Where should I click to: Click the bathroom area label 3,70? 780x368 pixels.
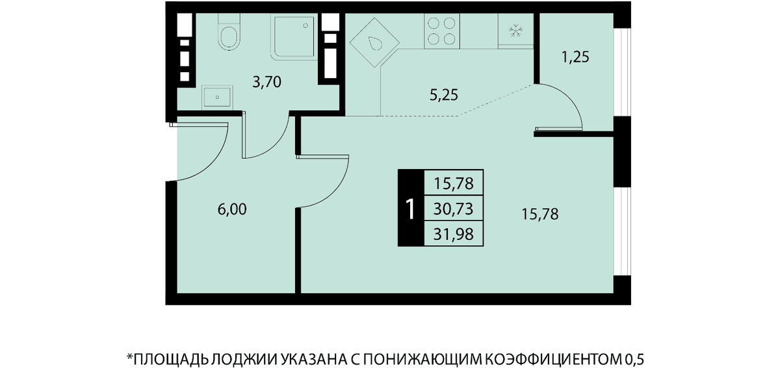click(x=266, y=83)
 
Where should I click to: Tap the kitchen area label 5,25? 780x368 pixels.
click(x=443, y=95)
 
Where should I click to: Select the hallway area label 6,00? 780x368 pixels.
click(x=232, y=209)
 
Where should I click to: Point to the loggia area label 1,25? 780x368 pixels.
click(x=575, y=57)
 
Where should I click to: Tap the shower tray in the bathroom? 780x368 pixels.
click(x=294, y=37)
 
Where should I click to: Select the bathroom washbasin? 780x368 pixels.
click(x=217, y=97)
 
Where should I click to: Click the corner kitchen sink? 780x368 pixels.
click(x=374, y=43)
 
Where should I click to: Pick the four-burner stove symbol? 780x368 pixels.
click(x=441, y=31)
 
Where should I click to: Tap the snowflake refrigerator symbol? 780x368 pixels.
click(x=515, y=31)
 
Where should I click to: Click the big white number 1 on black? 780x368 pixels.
click(x=411, y=209)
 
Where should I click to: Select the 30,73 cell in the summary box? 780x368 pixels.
click(x=454, y=209)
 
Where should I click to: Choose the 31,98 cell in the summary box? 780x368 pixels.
click(x=454, y=234)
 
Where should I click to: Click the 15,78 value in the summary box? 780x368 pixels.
click(x=454, y=183)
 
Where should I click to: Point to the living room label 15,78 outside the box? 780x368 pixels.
click(x=539, y=214)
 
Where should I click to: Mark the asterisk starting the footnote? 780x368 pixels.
click(x=130, y=356)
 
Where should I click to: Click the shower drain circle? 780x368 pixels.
click(x=305, y=25)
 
